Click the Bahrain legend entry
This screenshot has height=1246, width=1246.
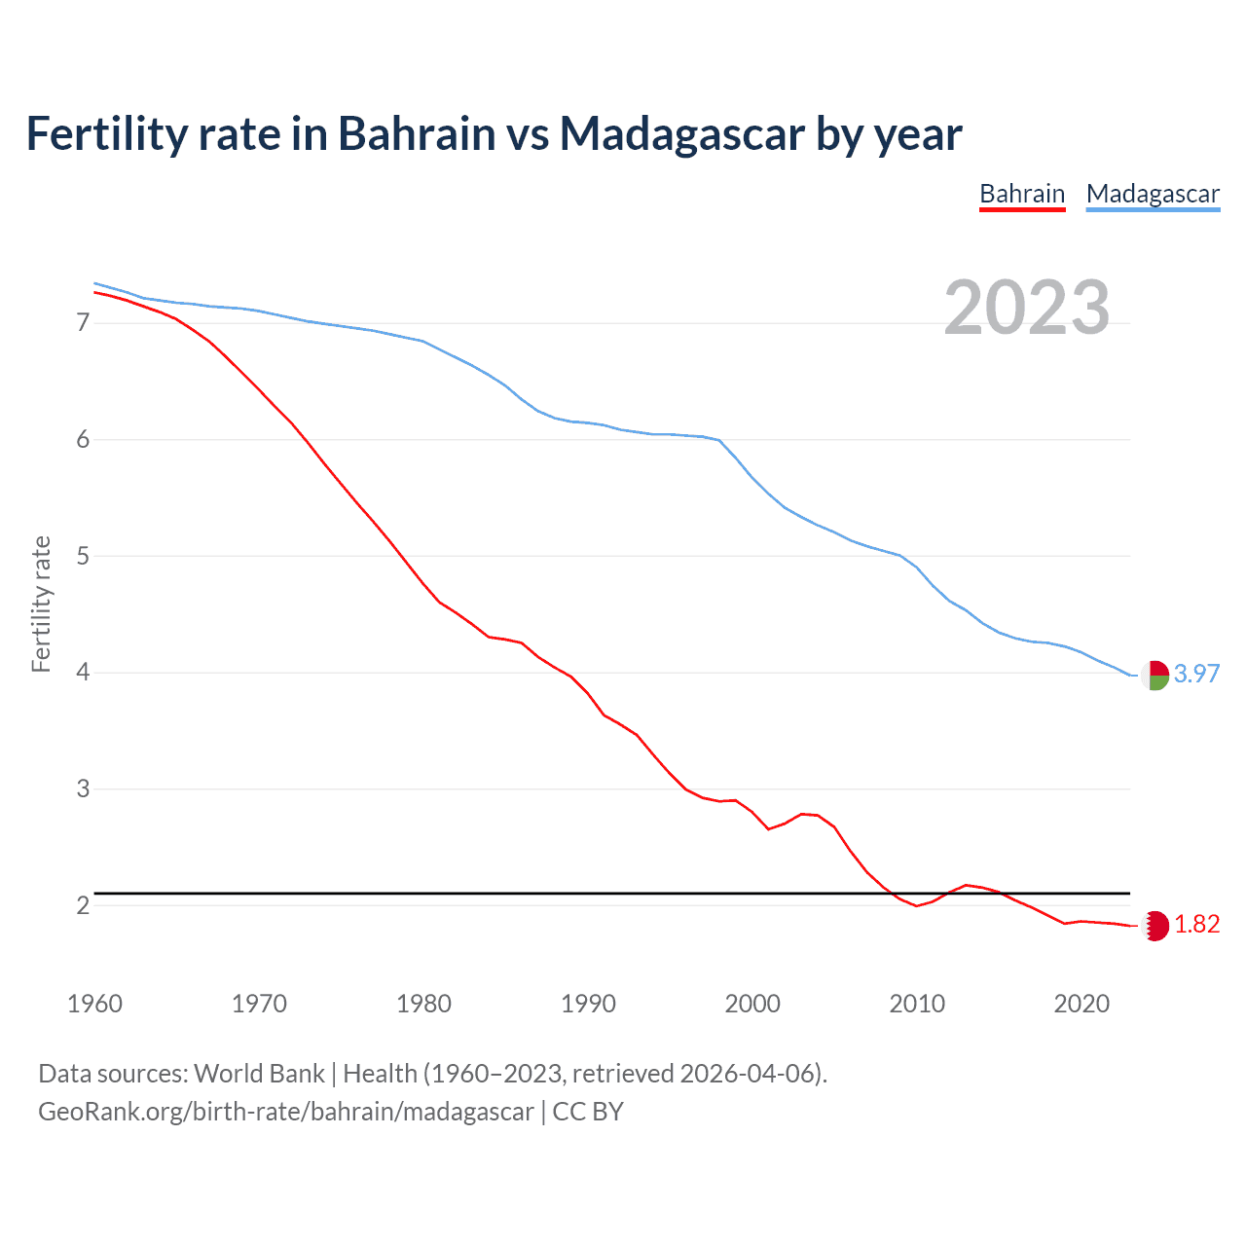click(1022, 194)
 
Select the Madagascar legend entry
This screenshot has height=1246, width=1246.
click(1153, 194)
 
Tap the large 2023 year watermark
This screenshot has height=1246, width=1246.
click(1026, 308)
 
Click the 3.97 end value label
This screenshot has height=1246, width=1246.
click(1196, 674)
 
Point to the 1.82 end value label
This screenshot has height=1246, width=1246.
click(1196, 924)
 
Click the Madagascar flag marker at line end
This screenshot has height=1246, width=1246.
click(1155, 675)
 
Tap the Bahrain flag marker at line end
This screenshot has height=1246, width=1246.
click(1155, 925)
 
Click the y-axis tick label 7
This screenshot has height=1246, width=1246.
click(83, 322)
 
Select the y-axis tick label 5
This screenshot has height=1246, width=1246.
click(83, 556)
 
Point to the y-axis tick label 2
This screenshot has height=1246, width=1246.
click(83, 905)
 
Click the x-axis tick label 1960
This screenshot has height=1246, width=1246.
click(94, 1004)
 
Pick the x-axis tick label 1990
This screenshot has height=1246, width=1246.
click(588, 1004)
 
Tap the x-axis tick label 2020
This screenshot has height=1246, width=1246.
click(1081, 1004)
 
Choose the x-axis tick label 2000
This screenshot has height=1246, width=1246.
click(752, 1004)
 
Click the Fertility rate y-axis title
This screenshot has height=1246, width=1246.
click(41, 604)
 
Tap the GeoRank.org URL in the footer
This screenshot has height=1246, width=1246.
click(286, 1112)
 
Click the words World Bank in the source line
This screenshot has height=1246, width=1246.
click(259, 1074)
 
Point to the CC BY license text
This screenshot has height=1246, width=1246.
click(588, 1112)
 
